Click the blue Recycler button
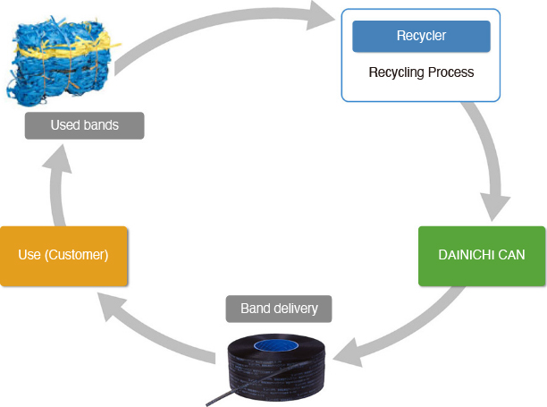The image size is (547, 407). tap(420, 36)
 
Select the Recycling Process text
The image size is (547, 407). tap(420, 72)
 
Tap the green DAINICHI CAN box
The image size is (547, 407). tap(482, 255)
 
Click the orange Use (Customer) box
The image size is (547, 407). tap(63, 255)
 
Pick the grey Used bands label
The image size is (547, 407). tap(84, 125)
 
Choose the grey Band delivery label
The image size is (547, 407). tap(278, 309)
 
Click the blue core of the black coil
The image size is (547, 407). tap(277, 345)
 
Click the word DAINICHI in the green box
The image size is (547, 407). tap(465, 255)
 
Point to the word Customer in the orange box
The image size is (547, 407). tap(80, 255)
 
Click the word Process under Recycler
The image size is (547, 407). tap(450, 72)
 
